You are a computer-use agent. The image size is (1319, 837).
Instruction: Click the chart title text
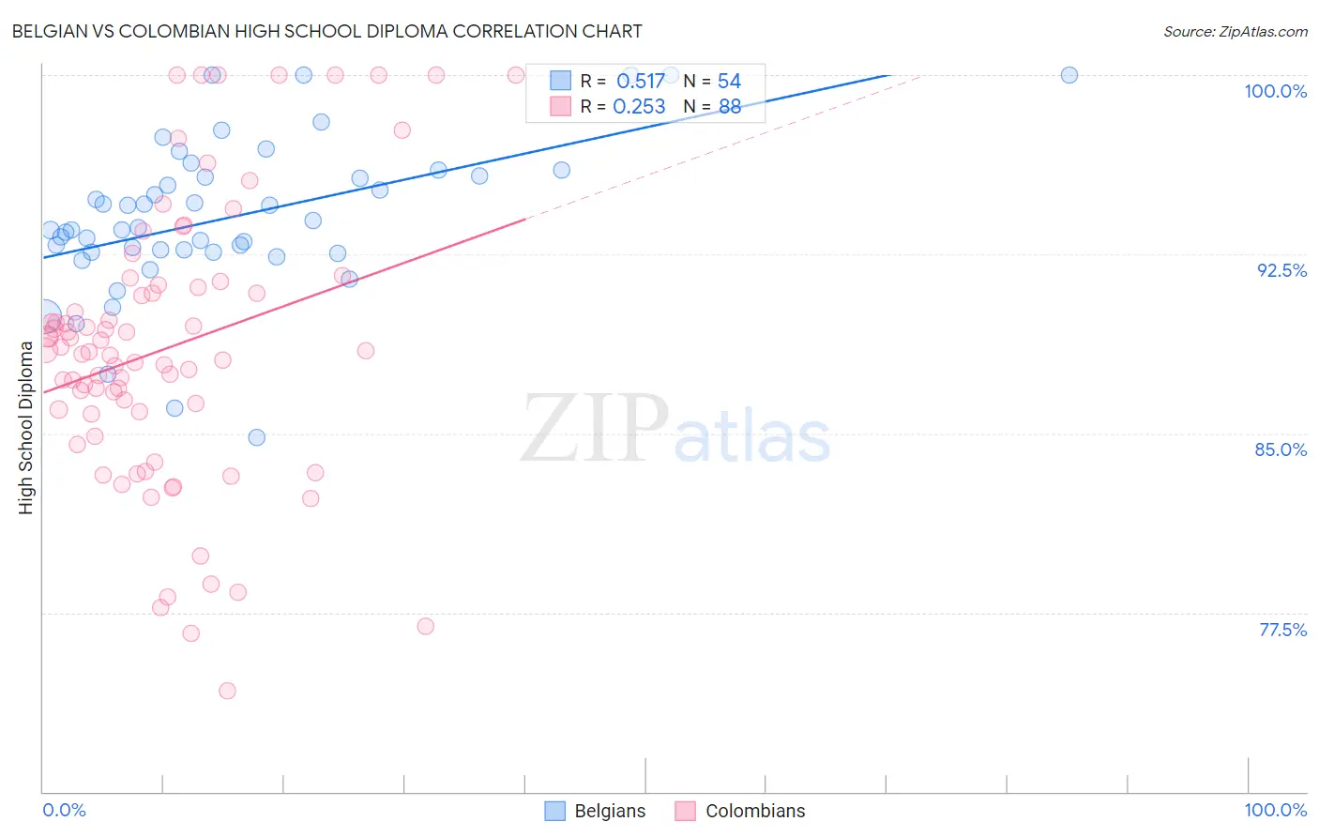tap(326, 31)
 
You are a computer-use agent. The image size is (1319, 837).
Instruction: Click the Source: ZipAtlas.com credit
tap(1235, 32)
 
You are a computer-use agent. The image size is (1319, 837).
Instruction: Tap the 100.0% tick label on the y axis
tap(1275, 91)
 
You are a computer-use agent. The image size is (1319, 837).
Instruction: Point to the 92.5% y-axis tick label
tap(1281, 270)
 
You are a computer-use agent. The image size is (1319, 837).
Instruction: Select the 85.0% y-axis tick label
tap(1281, 449)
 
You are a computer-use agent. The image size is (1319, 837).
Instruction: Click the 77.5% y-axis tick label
tap(1282, 630)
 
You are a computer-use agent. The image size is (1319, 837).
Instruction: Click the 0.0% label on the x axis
tap(64, 810)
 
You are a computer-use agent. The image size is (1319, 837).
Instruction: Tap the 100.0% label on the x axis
tap(1275, 810)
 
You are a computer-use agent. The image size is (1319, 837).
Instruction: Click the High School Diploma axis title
tap(26, 427)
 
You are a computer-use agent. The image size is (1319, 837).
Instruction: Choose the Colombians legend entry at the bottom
tap(740, 811)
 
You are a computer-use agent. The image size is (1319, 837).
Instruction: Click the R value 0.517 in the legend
tap(640, 82)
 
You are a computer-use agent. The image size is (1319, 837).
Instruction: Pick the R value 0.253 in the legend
tap(639, 107)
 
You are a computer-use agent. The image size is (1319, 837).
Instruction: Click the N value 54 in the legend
tap(729, 82)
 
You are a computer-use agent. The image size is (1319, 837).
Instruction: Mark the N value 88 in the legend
tap(729, 107)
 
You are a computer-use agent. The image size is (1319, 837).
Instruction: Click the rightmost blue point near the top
tap(1069, 75)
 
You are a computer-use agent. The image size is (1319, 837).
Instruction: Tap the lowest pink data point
tap(227, 691)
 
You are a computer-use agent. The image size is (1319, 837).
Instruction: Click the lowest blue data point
tap(256, 437)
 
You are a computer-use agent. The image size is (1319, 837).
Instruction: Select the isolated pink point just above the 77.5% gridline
tap(425, 626)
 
